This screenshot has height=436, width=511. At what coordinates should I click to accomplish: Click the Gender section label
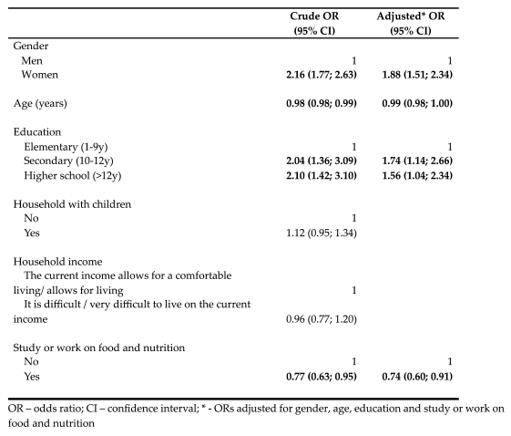[31, 44]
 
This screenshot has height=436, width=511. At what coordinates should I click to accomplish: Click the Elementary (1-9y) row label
[66, 148]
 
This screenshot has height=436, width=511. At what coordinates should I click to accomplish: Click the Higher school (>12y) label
[76, 176]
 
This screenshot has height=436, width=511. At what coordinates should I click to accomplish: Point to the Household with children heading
[71, 204]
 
